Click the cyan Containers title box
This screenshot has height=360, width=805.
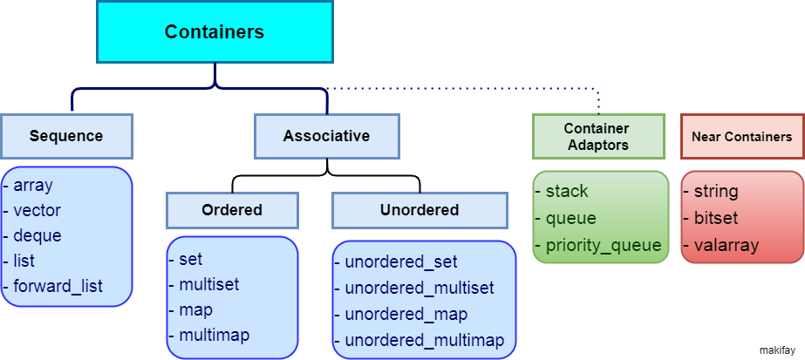pyautogui.click(x=215, y=31)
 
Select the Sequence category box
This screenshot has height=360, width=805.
pyautogui.click(x=67, y=136)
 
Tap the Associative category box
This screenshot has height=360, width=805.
pyautogui.click(x=326, y=136)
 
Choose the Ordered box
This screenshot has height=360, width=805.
pyautogui.click(x=232, y=210)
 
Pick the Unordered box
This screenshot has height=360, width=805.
pyautogui.click(x=420, y=210)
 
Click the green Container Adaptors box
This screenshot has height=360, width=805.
pyautogui.click(x=598, y=136)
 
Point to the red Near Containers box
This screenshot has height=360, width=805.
pyautogui.click(x=742, y=136)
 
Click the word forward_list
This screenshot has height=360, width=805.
pyautogui.click(x=58, y=286)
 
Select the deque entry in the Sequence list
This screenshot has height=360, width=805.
pyautogui.click(x=38, y=235)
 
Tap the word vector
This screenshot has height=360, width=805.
pyautogui.click(x=37, y=210)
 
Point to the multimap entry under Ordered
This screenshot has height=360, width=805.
pyautogui.click(x=214, y=336)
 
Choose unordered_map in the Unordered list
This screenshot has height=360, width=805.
pyautogui.click(x=406, y=314)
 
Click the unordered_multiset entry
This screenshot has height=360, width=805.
pyautogui.click(x=420, y=288)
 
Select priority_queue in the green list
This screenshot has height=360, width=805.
pyautogui.click(x=604, y=245)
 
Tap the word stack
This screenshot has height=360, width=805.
pyautogui.click(x=567, y=191)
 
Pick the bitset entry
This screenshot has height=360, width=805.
pyautogui.click(x=716, y=218)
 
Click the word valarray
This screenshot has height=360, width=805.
pyautogui.click(x=726, y=245)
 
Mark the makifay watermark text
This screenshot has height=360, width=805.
pyautogui.click(x=777, y=350)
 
